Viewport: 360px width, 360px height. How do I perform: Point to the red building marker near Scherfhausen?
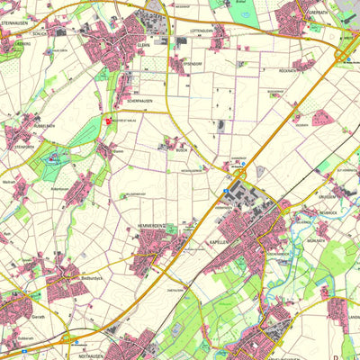(111, 120)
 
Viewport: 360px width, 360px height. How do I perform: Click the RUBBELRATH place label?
(40, 126)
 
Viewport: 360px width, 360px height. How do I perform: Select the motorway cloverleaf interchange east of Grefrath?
(346, 54)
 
